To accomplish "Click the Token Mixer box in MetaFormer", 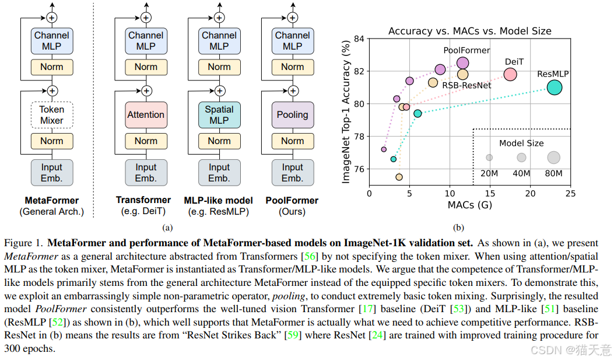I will click(51, 115).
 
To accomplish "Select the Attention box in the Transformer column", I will click(146, 115).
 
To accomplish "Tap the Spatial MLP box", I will click(219, 115).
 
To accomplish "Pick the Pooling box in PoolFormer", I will click(293, 115).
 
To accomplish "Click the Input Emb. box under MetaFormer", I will click(51, 173).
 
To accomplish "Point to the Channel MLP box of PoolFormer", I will click(293, 41).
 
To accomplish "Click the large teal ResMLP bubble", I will click(554, 88).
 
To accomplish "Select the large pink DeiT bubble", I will click(510, 74).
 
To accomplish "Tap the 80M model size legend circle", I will click(553, 157).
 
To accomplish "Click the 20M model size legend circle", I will click(489, 158).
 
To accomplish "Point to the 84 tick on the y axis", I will click(359, 39).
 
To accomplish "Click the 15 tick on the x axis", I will click(490, 193).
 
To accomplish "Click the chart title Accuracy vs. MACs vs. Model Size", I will click(469, 31).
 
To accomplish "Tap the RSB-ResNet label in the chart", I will click(466, 85).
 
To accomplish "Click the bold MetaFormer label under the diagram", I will click(51, 200).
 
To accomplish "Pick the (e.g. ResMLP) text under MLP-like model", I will click(219, 211).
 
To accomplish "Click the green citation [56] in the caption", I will click(308, 257).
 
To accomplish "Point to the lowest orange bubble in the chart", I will click(399, 177).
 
